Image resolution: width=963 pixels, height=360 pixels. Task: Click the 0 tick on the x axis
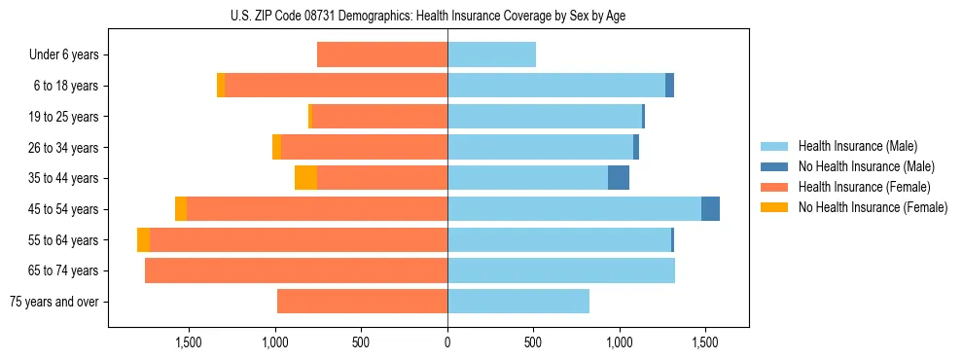[447, 342]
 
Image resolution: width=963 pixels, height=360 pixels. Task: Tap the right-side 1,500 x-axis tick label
[704, 342]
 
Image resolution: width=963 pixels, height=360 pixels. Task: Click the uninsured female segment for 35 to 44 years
[305, 178]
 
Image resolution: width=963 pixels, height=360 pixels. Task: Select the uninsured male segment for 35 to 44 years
[619, 178]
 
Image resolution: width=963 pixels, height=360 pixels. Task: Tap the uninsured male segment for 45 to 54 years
[710, 209]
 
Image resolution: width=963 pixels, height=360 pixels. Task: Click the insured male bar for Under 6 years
[491, 54]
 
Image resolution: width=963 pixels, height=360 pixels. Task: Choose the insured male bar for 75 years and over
[518, 302]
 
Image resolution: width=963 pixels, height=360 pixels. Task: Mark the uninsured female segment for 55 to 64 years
[143, 239]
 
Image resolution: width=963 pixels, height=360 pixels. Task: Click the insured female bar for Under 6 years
[382, 54]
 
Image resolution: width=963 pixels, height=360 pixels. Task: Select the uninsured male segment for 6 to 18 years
[669, 86]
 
